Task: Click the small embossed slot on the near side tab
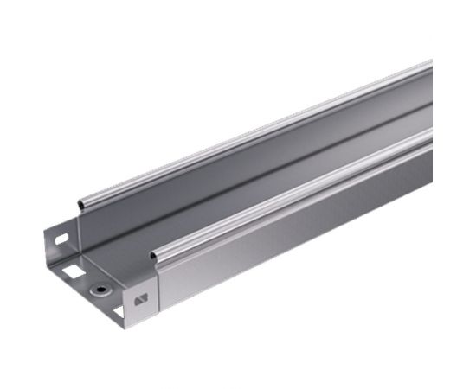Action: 140,300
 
